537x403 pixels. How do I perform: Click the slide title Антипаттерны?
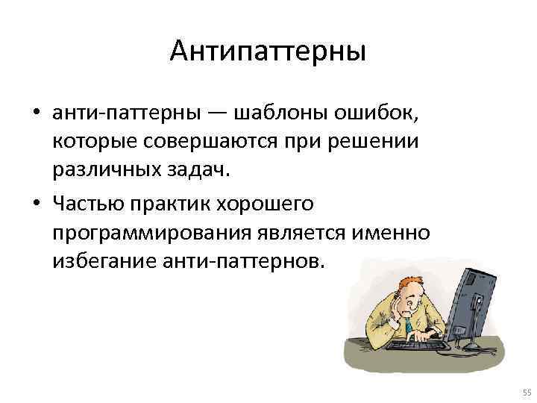[x=268, y=52]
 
